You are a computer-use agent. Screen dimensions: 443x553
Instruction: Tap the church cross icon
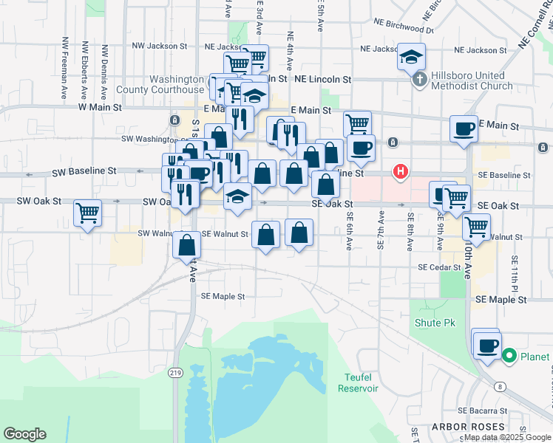[x=418, y=78]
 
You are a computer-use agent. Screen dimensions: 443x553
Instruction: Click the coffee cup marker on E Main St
[x=464, y=128]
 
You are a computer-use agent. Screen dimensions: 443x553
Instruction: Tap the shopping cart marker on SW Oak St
[x=88, y=213]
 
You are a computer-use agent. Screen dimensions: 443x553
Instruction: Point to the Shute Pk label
[x=435, y=323]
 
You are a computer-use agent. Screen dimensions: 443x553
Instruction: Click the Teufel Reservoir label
[x=358, y=382]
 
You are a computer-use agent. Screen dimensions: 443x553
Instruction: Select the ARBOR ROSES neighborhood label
[x=468, y=427]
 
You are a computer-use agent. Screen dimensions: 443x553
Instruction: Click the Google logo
[x=24, y=434]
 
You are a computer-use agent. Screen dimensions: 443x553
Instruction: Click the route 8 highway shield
[x=501, y=386]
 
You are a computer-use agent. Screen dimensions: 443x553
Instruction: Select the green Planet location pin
[x=509, y=357]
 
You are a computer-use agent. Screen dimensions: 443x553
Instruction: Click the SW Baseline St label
[x=84, y=171]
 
